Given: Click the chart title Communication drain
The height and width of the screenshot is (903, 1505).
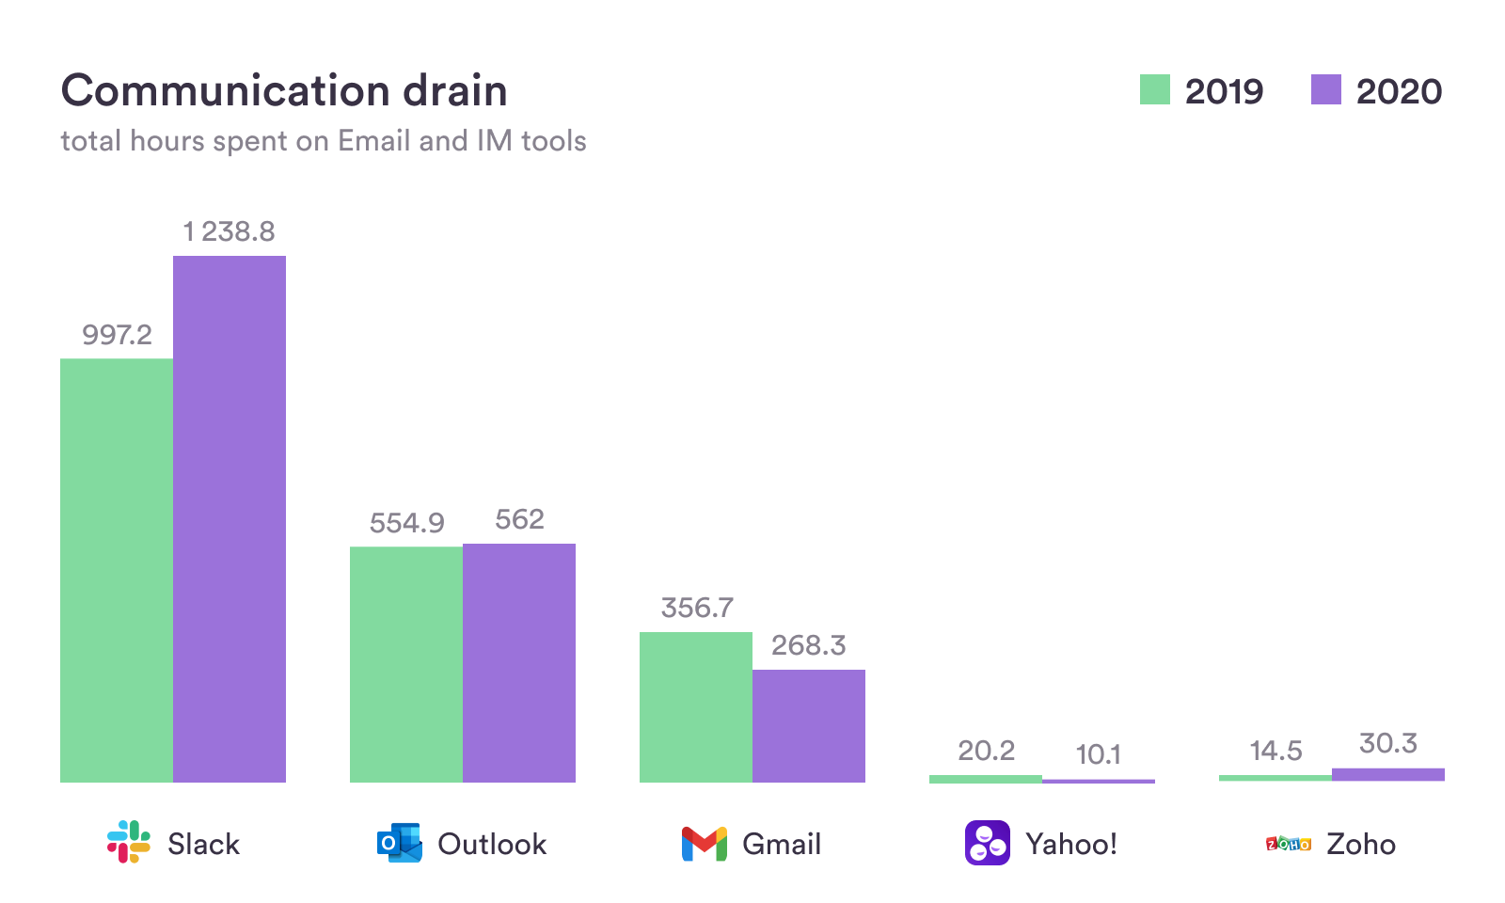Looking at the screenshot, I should pos(284,91).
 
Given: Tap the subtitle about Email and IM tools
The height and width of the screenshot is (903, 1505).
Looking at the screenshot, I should pos(324,141).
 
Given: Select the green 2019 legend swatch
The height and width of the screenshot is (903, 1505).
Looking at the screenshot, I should pos(1154,90).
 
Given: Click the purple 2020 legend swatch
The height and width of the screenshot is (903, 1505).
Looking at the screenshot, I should pos(1325,90).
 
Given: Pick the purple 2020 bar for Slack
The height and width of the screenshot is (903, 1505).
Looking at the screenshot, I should pos(230,518).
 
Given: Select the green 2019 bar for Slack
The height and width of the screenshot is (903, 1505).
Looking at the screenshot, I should pos(117,570).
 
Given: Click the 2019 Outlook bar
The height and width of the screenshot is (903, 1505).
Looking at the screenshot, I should pos(406,664).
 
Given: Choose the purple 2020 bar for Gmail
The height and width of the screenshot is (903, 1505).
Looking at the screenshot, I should pos(809,725).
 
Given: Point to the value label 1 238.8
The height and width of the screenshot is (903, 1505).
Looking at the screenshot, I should pos(229,231).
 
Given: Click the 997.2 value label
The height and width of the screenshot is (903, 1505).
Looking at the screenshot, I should pos(117,335).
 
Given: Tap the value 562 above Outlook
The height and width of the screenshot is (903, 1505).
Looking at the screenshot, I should pos(519,519).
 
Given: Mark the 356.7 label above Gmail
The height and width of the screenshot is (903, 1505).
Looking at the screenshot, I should pos(696,608).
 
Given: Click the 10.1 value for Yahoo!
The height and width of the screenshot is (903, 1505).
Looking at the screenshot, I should pos(1098,754).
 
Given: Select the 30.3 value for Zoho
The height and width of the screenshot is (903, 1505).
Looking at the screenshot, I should pos(1387,743).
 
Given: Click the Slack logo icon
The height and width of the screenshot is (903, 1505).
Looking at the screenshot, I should pos(129,842).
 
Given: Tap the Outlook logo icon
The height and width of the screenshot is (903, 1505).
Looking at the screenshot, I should pos(399,843).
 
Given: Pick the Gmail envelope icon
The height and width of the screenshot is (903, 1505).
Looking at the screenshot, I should pos(705,844).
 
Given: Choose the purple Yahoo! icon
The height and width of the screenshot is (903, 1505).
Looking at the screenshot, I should pos(988,843).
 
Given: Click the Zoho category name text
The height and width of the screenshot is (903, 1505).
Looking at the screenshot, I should pos(1360,844).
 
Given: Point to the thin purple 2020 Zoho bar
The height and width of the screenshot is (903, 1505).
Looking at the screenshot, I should pos(1388,774).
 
